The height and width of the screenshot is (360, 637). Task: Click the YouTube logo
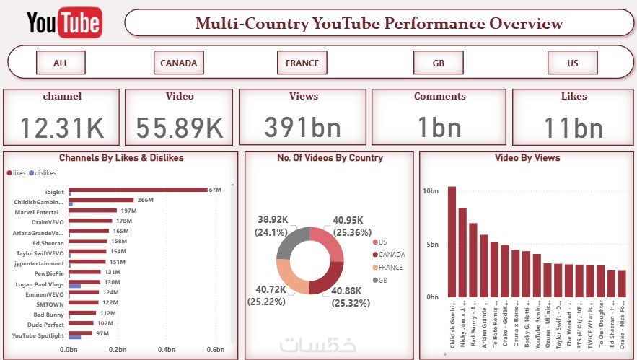64,23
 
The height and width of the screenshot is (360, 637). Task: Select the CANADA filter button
178,63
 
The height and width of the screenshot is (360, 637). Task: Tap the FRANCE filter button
302,63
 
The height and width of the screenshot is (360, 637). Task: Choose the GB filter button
438,63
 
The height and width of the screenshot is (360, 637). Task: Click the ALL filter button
61,63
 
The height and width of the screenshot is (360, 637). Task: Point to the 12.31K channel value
62,128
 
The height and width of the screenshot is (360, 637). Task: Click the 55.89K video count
180,128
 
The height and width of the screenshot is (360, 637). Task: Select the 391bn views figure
303,128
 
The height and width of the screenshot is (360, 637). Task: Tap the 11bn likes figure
574,128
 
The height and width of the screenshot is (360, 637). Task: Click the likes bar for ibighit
137,190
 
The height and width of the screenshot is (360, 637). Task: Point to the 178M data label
123,221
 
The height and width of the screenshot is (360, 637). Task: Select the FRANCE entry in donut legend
390,267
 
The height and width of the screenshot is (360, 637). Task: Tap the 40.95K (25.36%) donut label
352,227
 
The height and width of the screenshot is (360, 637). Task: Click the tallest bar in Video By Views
452,242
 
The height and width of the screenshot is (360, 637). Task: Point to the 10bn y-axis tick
430,190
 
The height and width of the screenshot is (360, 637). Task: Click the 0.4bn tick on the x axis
167,349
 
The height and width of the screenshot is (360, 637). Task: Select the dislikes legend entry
45,172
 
